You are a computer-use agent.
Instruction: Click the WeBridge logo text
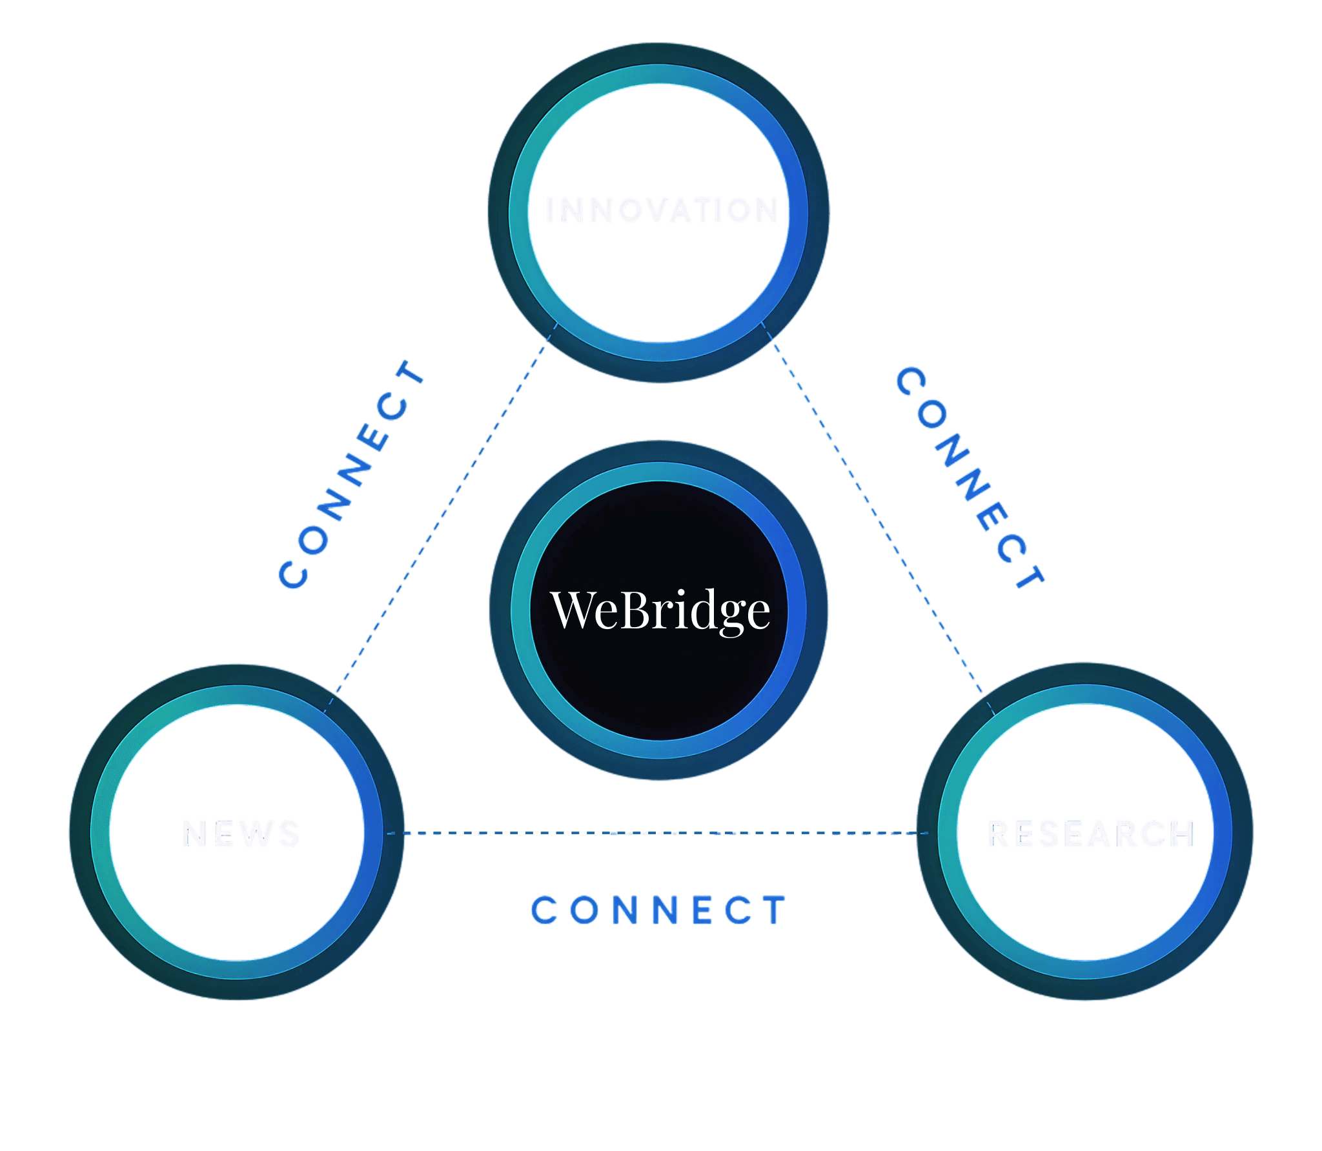coord(660,610)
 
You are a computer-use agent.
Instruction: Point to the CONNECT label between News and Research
coord(658,910)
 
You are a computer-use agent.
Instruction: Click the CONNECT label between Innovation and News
coord(352,474)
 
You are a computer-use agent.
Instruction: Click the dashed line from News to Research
coord(658,834)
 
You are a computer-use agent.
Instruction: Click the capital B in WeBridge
coord(636,610)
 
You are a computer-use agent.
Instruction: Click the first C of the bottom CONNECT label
coord(544,910)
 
